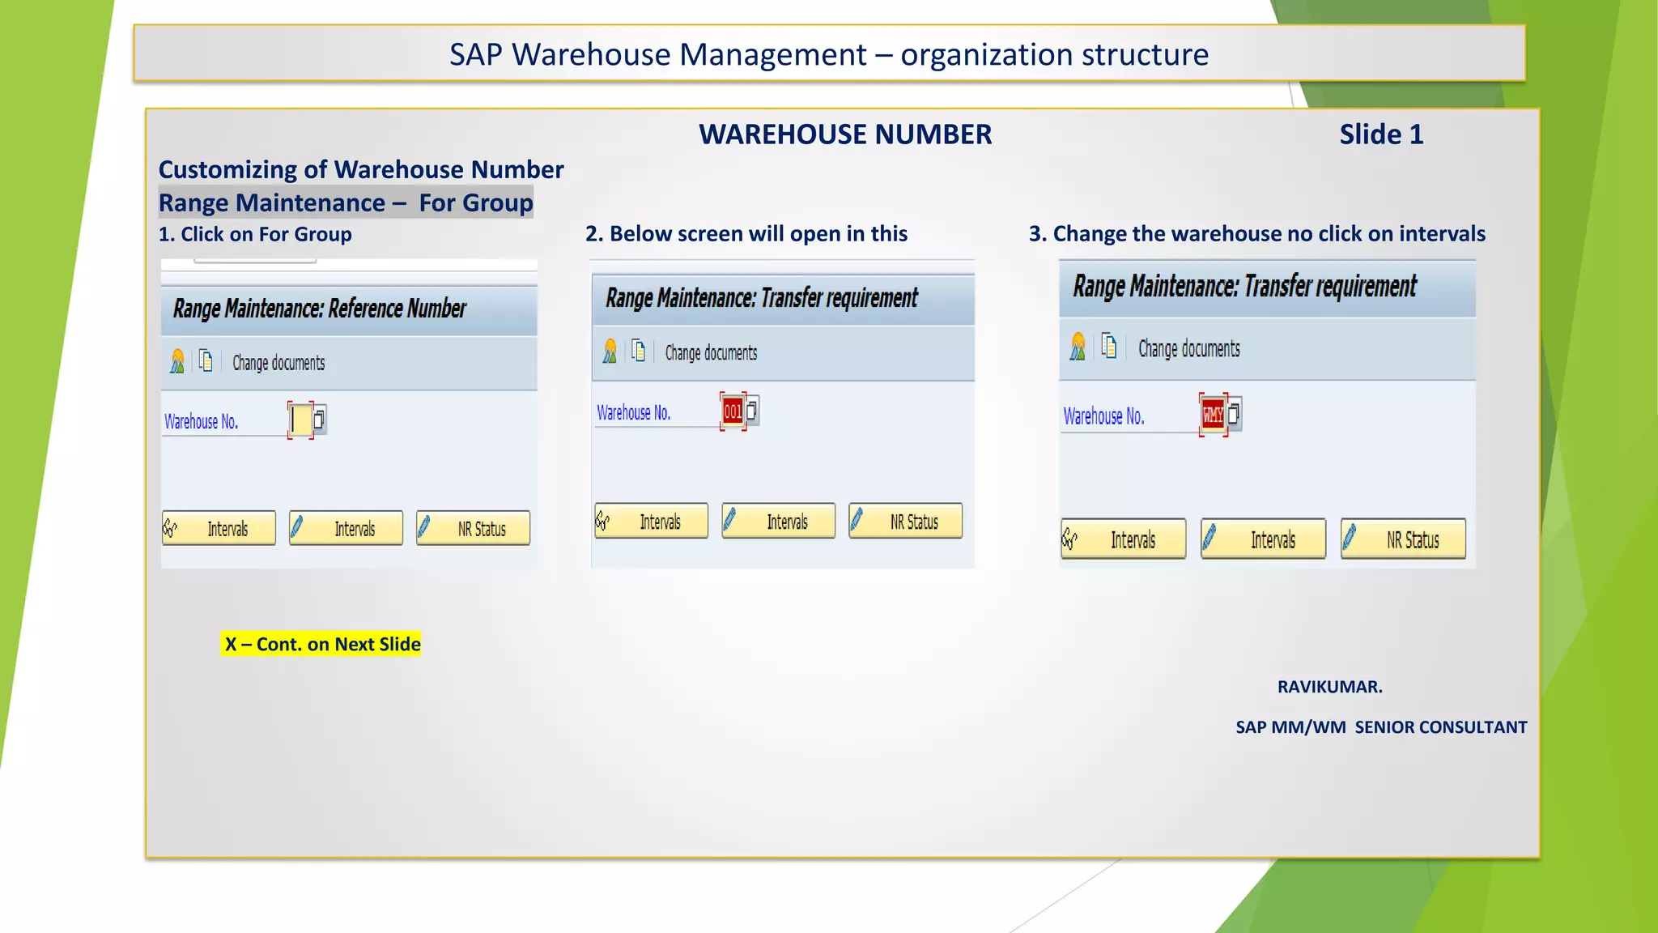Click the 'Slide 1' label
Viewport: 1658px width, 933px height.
[1380, 134]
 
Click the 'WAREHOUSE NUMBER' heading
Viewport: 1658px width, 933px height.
[845, 134]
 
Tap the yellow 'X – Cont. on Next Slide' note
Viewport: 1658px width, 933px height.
[321, 644]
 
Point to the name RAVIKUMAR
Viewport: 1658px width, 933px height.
[1329, 687]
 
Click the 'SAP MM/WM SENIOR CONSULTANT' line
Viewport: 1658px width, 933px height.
[1381, 727]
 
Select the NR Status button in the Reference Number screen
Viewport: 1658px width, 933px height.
[474, 529]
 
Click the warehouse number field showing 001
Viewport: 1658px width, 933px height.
[733, 411]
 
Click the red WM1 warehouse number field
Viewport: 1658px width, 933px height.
[1213, 415]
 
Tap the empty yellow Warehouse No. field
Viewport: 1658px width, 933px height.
[301, 420]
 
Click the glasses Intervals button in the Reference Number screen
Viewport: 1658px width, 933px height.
[219, 529]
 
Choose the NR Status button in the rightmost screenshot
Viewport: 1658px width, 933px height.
[1403, 539]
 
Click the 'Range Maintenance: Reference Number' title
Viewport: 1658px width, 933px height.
[320, 309]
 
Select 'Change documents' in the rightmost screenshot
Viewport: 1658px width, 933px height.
[1188, 349]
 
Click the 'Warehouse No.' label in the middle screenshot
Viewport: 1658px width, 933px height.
[634, 413]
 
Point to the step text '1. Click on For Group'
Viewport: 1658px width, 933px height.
[255, 235]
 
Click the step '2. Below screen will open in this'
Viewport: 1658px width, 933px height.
[746, 234]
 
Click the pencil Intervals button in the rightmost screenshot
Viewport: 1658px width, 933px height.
[1263, 539]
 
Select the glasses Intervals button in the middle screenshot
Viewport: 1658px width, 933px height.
[651, 522]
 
